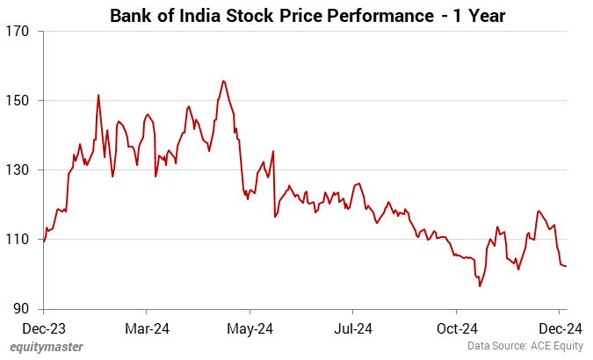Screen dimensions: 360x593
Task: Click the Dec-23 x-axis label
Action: [43, 328]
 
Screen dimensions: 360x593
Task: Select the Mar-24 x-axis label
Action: [147, 328]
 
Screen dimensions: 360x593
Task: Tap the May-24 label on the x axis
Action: [249, 328]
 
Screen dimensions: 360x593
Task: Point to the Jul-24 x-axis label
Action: [352, 328]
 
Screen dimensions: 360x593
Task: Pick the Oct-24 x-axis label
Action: [456, 328]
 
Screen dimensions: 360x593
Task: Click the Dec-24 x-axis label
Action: [560, 328]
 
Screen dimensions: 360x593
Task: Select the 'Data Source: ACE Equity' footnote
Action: [524, 348]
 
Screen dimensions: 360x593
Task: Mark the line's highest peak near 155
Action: [223, 81]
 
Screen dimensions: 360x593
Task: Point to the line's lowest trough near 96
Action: [480, 286]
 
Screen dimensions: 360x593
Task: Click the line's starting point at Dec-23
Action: [44, 241]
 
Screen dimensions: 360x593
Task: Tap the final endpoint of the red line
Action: [566, 266]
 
